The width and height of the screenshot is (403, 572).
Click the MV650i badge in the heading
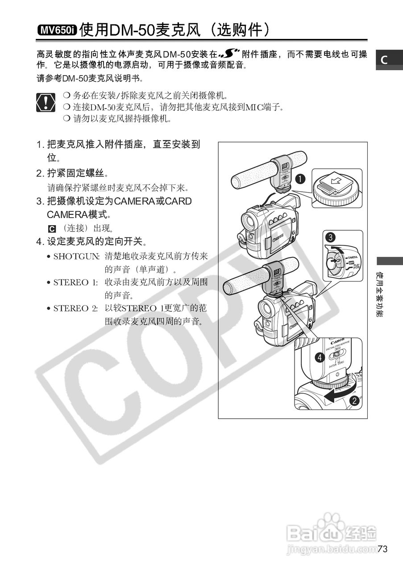57,30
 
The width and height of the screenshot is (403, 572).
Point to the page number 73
382,549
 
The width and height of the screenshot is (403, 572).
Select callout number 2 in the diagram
355,400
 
